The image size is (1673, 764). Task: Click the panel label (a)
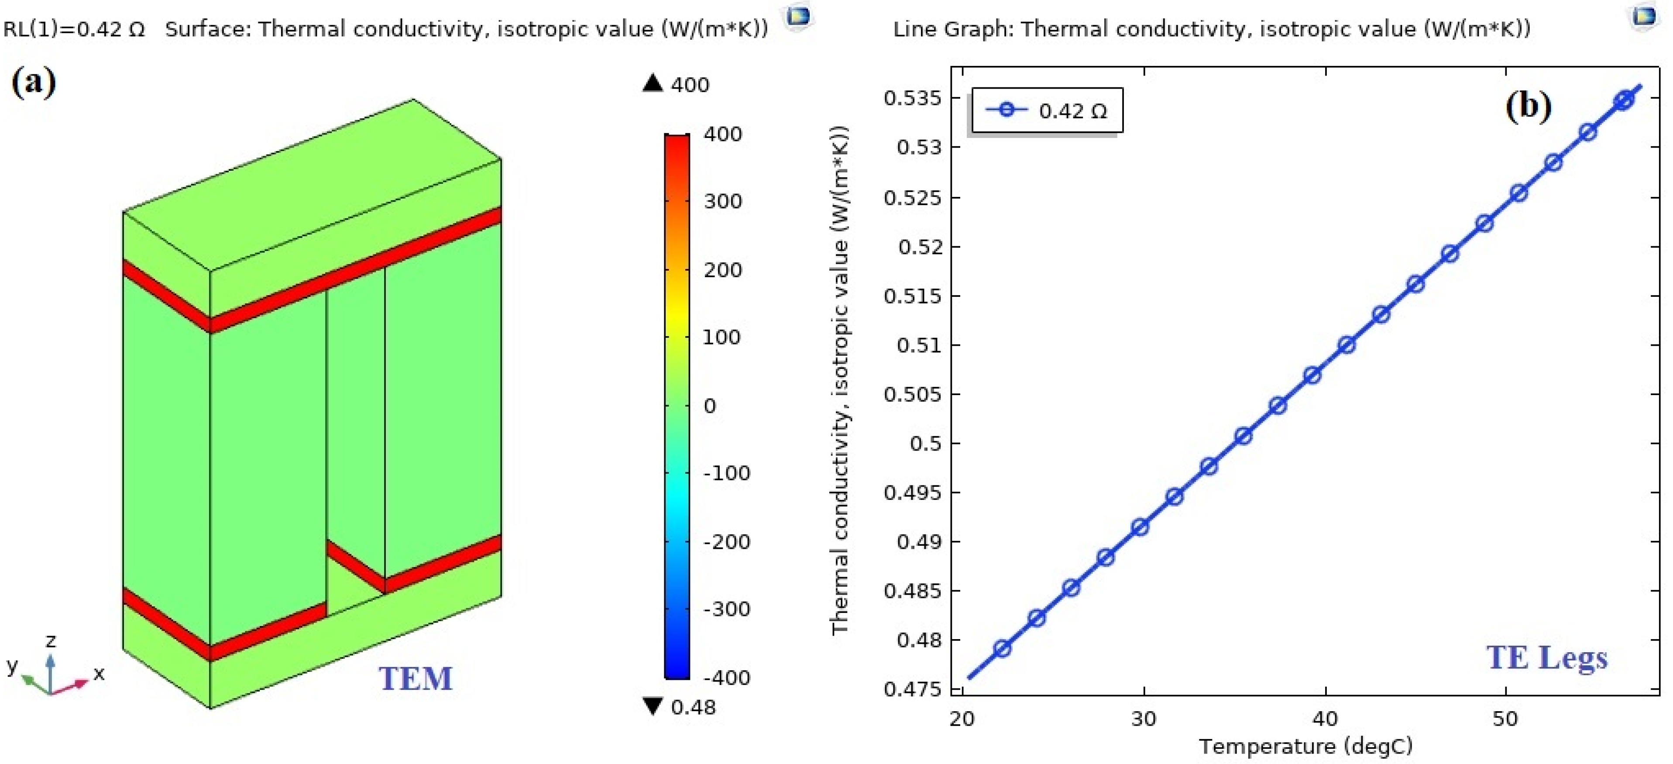click(x=34, y=83)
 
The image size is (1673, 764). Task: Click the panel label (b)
click(x=1528, y=105)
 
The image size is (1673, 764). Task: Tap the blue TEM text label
click(x=416, y=678)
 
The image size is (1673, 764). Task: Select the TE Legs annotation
click(x=1547, y=657)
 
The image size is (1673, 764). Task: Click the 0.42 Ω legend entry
click(x=1046, y=110)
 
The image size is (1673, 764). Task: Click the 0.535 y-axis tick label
click(x=912, y=98)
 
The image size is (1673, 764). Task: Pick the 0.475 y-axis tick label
click(x=912, y=688)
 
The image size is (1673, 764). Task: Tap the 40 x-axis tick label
click(x=1325, y=719)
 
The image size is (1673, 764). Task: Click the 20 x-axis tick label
click(x=962, y=719)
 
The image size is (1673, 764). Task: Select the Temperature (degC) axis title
click(x=1305, y=746)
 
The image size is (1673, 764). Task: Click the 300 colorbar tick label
click(x=722, y=201)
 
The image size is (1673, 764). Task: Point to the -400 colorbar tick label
click(x=726, y=678)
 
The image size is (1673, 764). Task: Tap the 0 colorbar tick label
click(x=709, y=406)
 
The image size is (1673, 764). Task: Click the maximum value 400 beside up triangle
click(x=689, y=85)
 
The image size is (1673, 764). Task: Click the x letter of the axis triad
click(x=99, y=673)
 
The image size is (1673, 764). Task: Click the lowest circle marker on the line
click(x=1002, y=648)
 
